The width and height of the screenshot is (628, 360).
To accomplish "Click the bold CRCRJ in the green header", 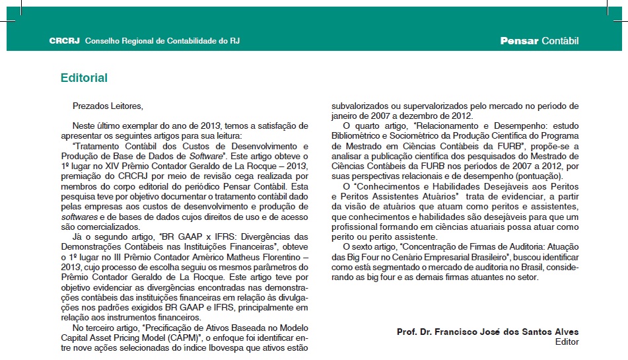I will tap(64, 41).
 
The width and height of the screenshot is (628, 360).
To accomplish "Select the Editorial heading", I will tap(84, 78).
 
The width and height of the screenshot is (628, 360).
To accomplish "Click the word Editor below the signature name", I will tap(567, 342).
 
